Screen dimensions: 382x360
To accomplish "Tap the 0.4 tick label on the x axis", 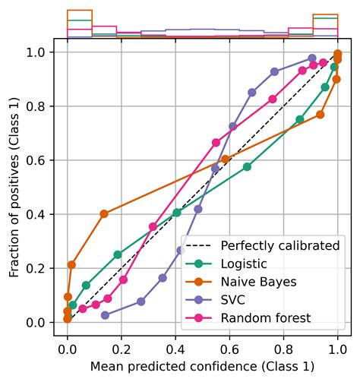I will click(x=175, y=352).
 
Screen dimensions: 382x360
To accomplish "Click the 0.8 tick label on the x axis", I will click(x=284, y=352).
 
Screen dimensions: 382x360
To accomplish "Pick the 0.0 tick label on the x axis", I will click(x=68, y=352).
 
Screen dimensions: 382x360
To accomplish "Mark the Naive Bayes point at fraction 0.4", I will click(x=104, y=214).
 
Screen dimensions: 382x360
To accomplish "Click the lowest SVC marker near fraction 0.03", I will click(x=105, y=315).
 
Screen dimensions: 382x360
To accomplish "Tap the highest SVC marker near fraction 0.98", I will click(x=312, y=58).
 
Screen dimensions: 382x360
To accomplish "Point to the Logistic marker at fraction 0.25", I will click(x=118, y=254).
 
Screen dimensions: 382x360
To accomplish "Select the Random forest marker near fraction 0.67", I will click(x=216, y=142).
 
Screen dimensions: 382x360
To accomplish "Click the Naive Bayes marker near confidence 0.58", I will click(x=225, y=159).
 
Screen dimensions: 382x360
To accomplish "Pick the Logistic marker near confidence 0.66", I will click(x=248, y=166).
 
